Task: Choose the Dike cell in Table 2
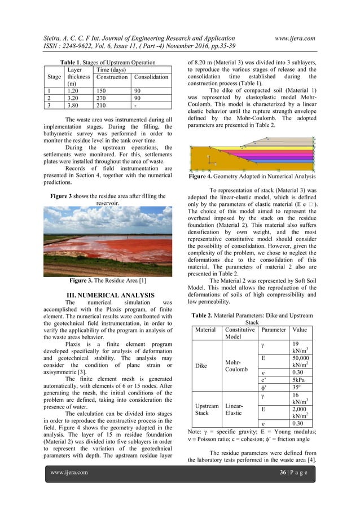click(201, 366)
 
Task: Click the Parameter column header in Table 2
click(274, 329)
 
